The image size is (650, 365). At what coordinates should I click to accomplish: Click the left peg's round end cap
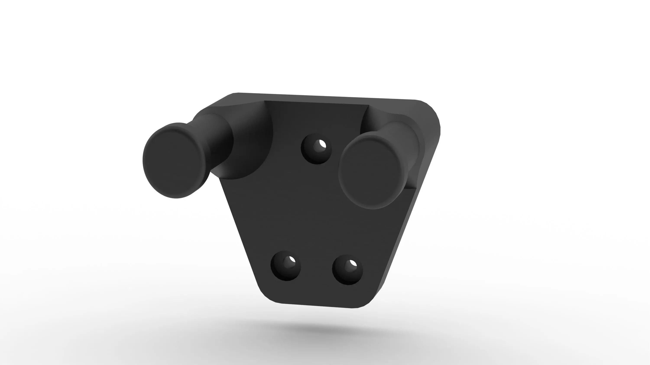coord(176,160)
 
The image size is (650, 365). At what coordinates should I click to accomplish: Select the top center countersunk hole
coord(316,149)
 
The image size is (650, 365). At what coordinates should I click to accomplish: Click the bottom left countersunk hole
coord(286,266)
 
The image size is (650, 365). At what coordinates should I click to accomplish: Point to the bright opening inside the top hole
coord(322,145)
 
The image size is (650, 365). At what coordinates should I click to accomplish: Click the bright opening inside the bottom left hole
coord(292,260)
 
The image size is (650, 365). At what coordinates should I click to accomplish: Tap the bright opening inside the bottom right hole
coord(353,264)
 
